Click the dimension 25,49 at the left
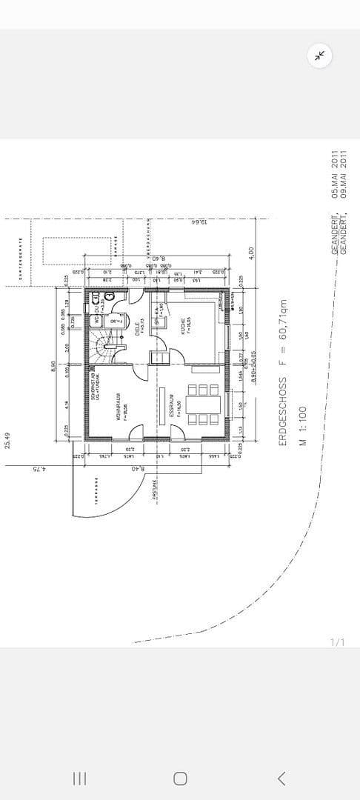point(8,441)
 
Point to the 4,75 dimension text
point(34,468)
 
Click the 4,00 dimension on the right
point(251,253)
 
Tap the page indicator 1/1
point(337,641)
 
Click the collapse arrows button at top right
point(320,56)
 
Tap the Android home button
point(179,778)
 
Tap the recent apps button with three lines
point(79,778)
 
